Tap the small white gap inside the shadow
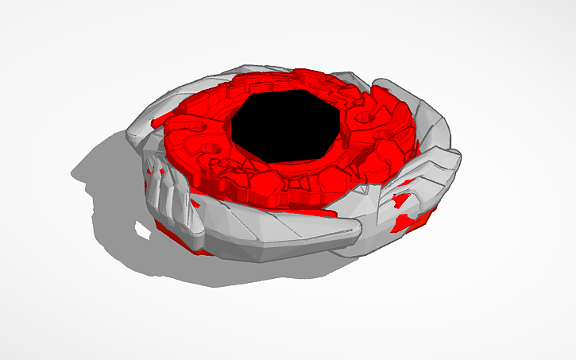(143, 231)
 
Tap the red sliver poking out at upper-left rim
(158, 119)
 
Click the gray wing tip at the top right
(385, 84)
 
